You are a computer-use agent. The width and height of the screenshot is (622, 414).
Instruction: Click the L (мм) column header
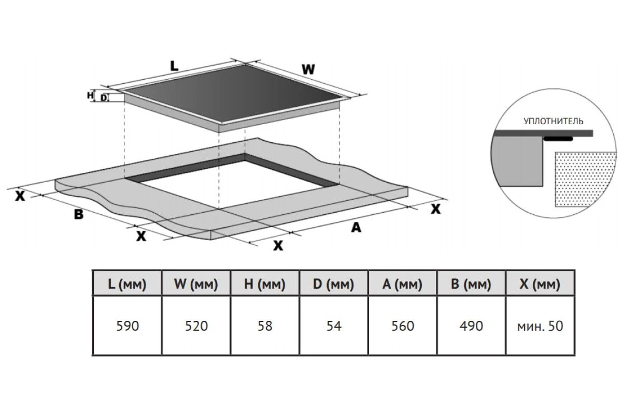coord(127,284)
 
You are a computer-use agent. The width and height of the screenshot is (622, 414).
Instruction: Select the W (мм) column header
coord(196,284)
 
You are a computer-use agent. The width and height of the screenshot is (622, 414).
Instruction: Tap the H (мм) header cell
coord(265,284)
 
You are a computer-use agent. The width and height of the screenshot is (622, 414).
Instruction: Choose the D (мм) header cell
coord(333,284)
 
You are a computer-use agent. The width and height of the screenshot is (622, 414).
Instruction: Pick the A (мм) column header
coord(402,284)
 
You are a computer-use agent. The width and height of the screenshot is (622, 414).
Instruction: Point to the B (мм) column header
coord(471,284)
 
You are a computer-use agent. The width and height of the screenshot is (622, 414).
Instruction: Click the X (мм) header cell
coord(540,284)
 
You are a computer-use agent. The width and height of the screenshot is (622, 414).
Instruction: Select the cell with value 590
coord(127,326)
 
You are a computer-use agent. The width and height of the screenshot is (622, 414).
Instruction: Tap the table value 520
coord(196,326)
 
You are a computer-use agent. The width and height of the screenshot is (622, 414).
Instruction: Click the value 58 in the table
coord(265,326)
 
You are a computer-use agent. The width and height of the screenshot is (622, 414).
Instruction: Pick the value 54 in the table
coord(333,326)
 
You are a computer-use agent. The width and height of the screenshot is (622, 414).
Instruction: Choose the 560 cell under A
coord(402,326)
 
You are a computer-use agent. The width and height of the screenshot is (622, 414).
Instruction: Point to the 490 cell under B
coord(471,326)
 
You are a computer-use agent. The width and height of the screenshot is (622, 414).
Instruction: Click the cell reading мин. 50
coord(540,326)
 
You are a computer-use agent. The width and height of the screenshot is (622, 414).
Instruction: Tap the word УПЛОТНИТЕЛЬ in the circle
coord(553,122)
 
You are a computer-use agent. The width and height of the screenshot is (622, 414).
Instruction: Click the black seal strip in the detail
coord(558,139)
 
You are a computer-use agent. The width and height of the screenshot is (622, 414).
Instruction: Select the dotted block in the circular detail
coord(585,179)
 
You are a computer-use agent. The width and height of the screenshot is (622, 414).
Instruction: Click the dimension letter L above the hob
coord(174,66)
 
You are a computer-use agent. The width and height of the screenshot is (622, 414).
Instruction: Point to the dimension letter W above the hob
coord(308,69)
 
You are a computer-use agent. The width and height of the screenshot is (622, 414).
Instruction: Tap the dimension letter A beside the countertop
coord(356,227)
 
